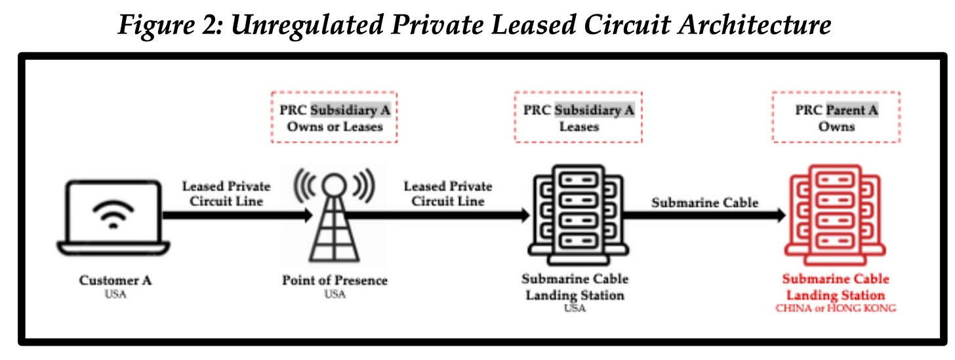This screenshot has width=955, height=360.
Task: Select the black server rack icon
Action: coord(578,214)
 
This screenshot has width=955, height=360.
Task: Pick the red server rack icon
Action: coord(835,214)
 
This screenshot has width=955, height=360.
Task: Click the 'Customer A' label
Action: coord(115,281)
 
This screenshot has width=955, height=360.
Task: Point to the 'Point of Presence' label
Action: coord(335,281)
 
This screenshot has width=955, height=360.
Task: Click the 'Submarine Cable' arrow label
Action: coord(704,203)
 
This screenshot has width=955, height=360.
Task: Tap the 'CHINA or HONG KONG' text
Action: coord(836,308)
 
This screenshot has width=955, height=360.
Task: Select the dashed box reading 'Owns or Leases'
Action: coord(335,117)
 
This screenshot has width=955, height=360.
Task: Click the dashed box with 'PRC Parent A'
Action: coord(836,117)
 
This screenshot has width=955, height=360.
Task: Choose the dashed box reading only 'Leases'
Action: coord(578,117)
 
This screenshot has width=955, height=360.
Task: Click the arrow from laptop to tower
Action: coord(237,214)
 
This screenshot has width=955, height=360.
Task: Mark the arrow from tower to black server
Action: coord(437,214)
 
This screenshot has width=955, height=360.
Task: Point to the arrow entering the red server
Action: coord(704,214)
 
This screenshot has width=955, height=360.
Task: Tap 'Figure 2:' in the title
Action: coord(170,25)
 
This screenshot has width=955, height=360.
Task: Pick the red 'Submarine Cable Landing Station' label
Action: coord(836,287)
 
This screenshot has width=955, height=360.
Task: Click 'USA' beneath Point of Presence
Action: coord(335,294)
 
